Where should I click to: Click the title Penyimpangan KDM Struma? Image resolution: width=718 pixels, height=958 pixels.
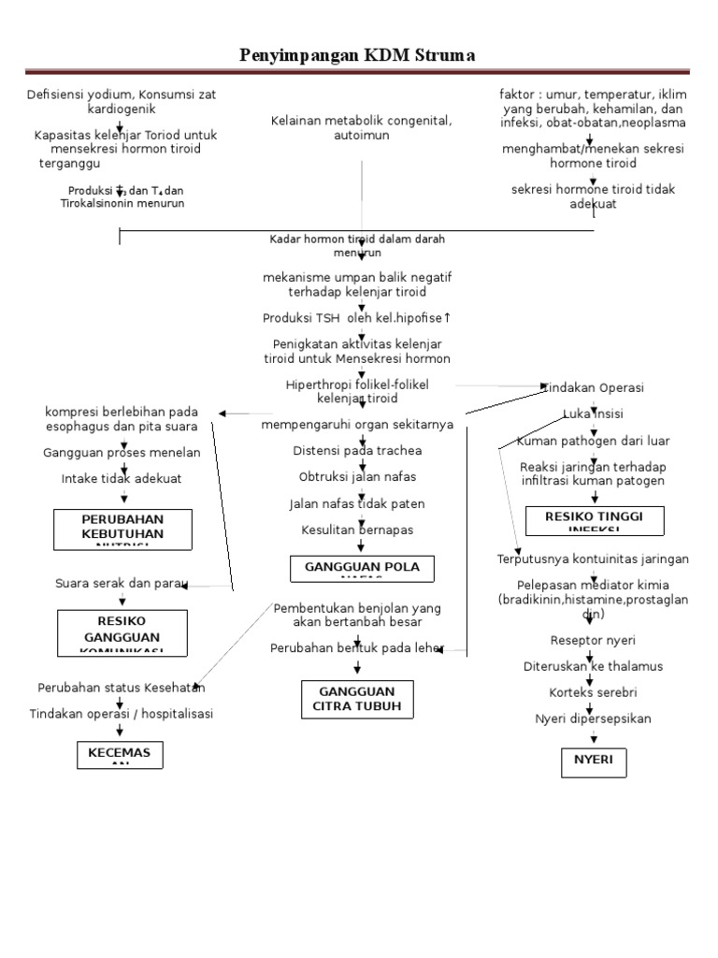[357, 56]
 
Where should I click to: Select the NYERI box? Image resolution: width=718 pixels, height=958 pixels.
[594, 762]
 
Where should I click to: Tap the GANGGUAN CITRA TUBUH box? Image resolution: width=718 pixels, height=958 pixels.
[357, 699]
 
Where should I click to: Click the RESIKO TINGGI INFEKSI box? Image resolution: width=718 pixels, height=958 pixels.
[595, 520]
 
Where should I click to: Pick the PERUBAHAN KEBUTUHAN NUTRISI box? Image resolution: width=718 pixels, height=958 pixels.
[122, 529]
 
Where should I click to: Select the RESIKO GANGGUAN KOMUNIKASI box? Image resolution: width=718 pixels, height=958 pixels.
[122, 633]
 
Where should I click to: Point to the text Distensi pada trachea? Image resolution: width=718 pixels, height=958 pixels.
[357, 451]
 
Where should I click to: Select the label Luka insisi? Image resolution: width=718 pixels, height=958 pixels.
[593, 414]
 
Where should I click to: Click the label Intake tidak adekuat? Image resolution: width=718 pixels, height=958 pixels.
[122, 478]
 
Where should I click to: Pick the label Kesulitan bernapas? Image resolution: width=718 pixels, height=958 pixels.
[357, 530]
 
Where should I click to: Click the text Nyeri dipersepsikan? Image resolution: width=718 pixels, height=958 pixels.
[593, 718]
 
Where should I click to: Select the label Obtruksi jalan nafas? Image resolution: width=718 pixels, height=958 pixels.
[356, 477]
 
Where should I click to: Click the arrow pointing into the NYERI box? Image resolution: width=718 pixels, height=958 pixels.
[594, 739]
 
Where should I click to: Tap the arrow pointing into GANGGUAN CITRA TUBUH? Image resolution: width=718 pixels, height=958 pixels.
[358, 667]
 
